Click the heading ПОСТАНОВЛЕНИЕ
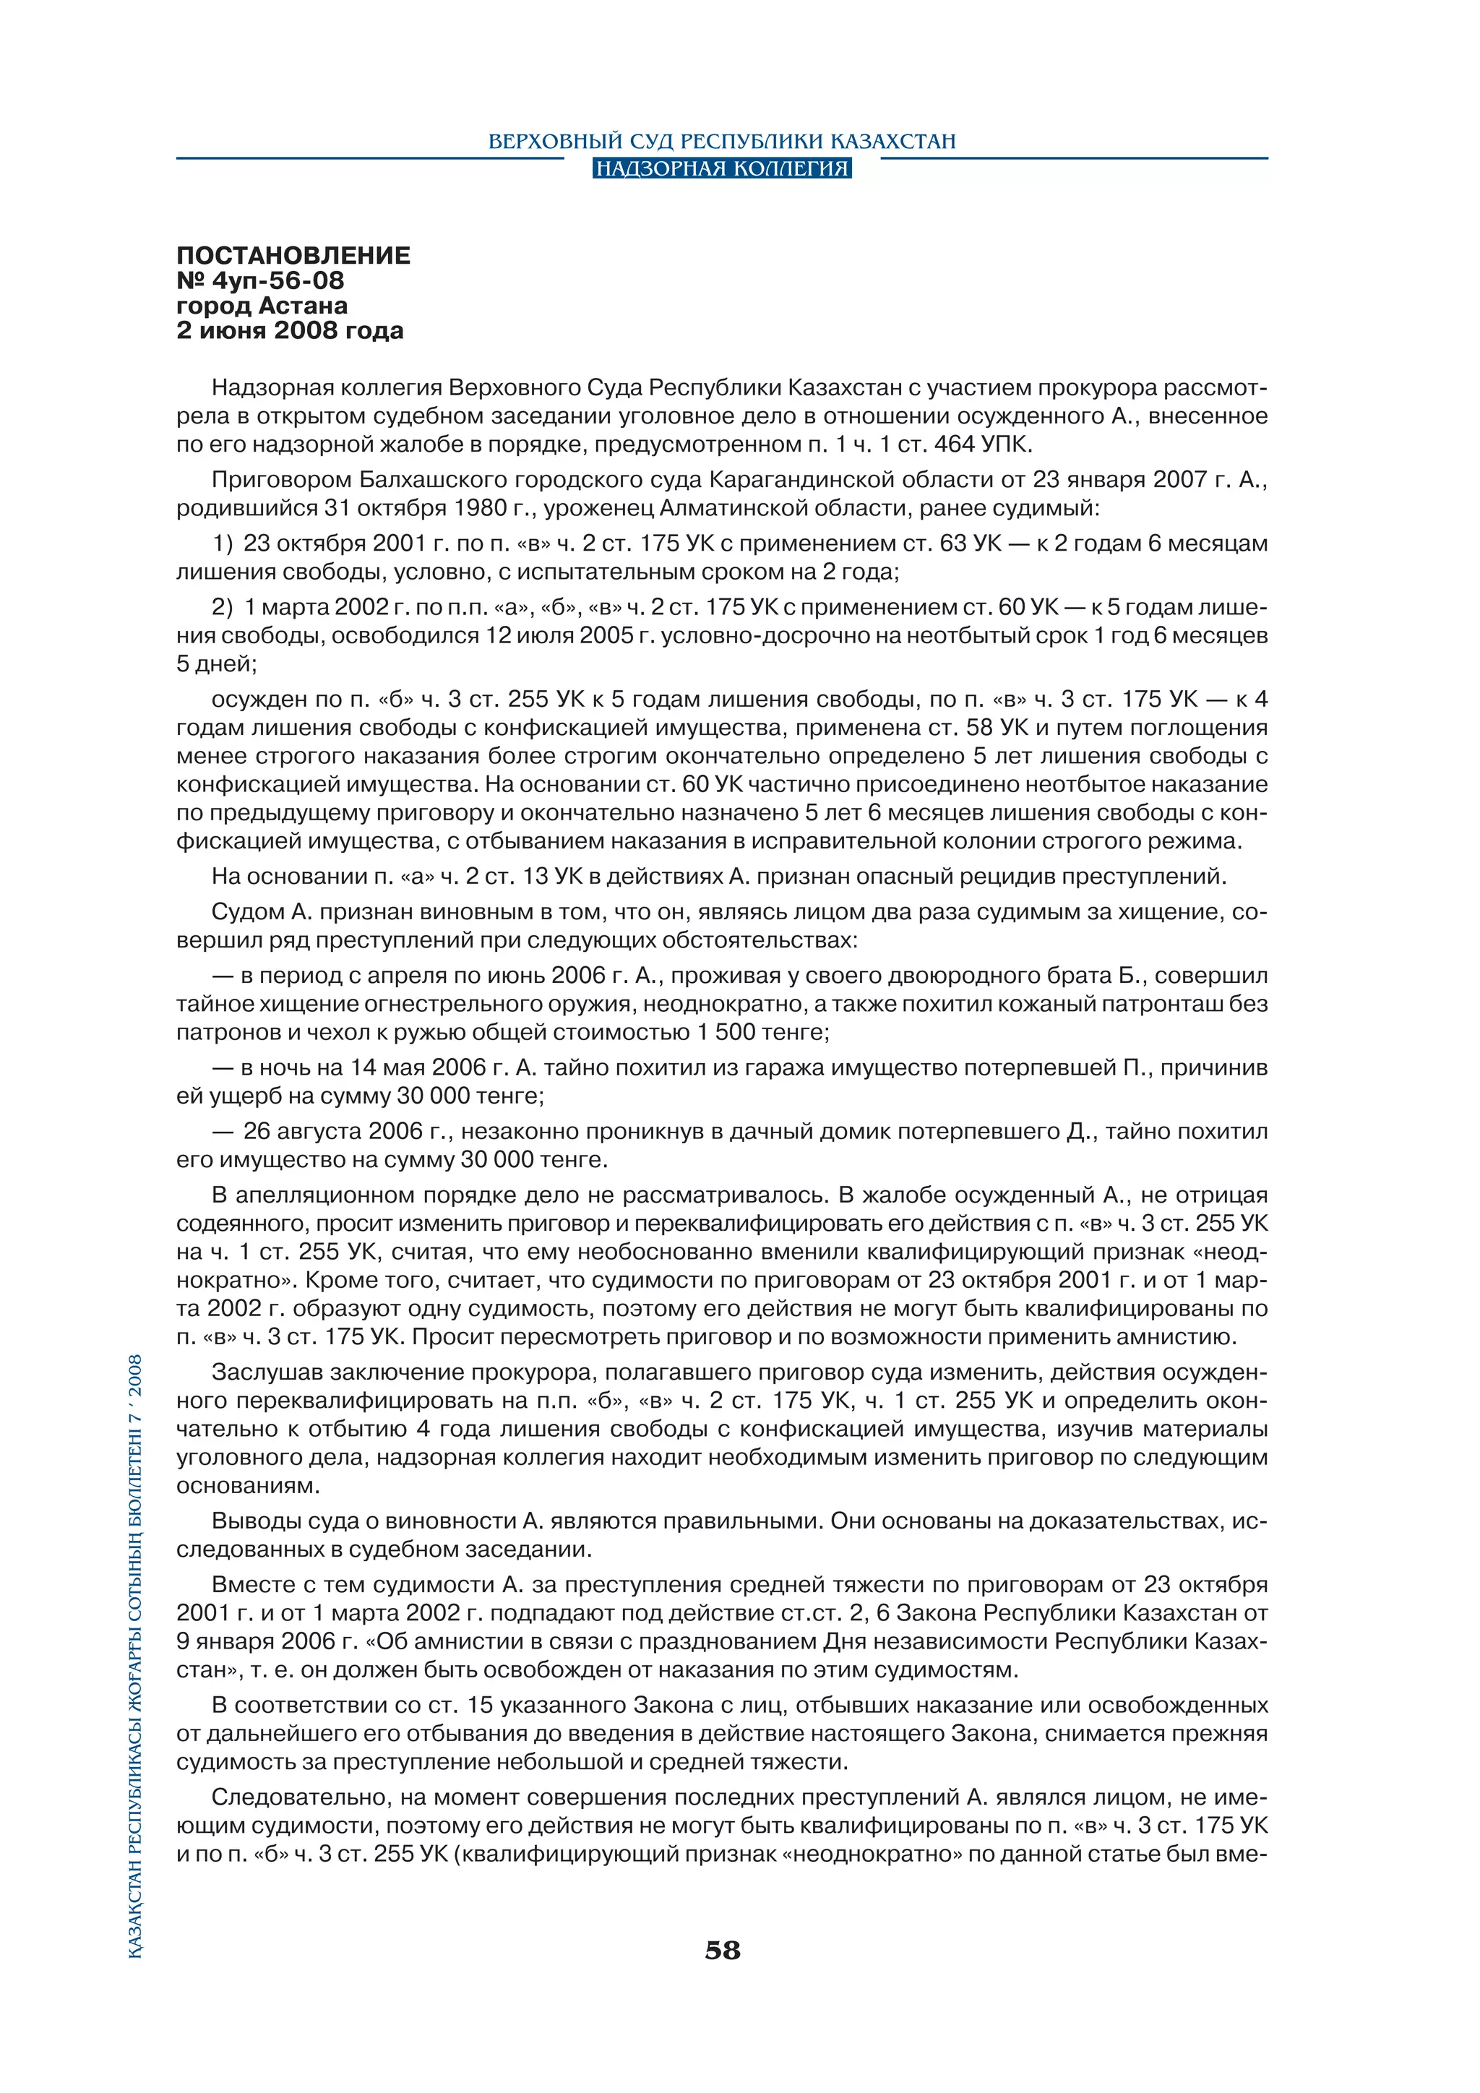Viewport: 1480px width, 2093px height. [293, 255]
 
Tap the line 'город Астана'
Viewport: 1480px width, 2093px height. [262, 306]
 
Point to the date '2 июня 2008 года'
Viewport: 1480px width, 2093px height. [290, 330]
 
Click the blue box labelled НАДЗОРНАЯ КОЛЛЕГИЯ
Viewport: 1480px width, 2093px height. [722, 168]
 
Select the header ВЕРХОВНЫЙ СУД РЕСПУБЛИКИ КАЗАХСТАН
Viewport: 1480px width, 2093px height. [722, 142]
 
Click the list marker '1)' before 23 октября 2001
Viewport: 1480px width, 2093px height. [223, 543]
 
